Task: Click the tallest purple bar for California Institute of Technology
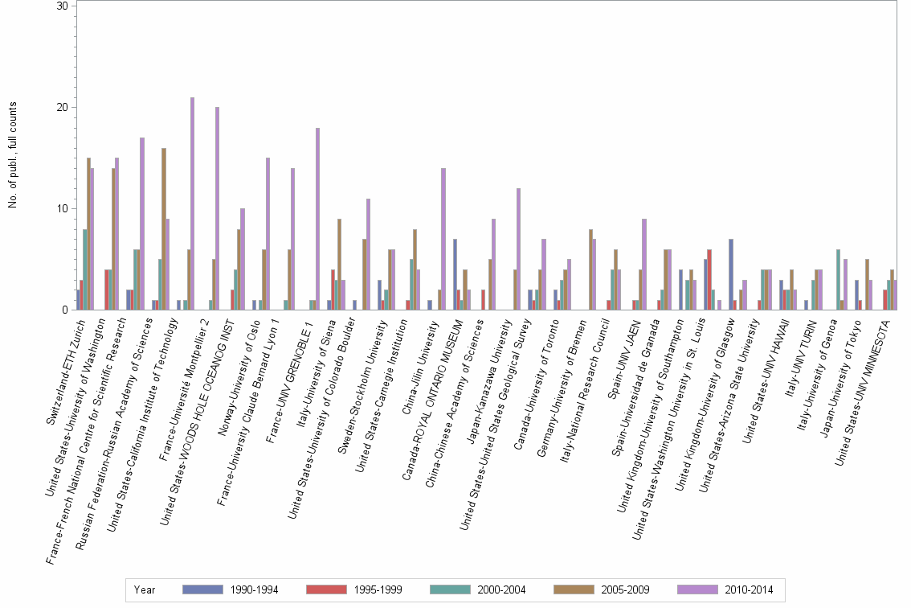pos(192,203)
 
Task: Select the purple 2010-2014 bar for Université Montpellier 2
pos(217,208)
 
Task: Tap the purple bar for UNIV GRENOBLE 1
pos(318,219)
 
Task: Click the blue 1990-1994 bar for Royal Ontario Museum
pos(455,274)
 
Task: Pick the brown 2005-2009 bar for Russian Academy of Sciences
pos(164,229)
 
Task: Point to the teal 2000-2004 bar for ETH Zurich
pos(85,269)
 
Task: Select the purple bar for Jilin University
pos(443,239)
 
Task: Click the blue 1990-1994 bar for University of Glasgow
pos(731,274)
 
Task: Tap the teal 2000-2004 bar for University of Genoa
pos(839,280)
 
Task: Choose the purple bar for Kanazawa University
pos(519,249)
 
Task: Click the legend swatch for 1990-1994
pos(202,590)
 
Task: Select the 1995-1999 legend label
pos(378,590)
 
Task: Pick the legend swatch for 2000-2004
pos(450,590)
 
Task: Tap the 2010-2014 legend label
pos(749,590)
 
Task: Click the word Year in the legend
pos(145,590)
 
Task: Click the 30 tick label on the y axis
pos(62,6)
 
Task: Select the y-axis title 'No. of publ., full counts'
pos(13,154)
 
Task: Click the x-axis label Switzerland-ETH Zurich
pos(66,372)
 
